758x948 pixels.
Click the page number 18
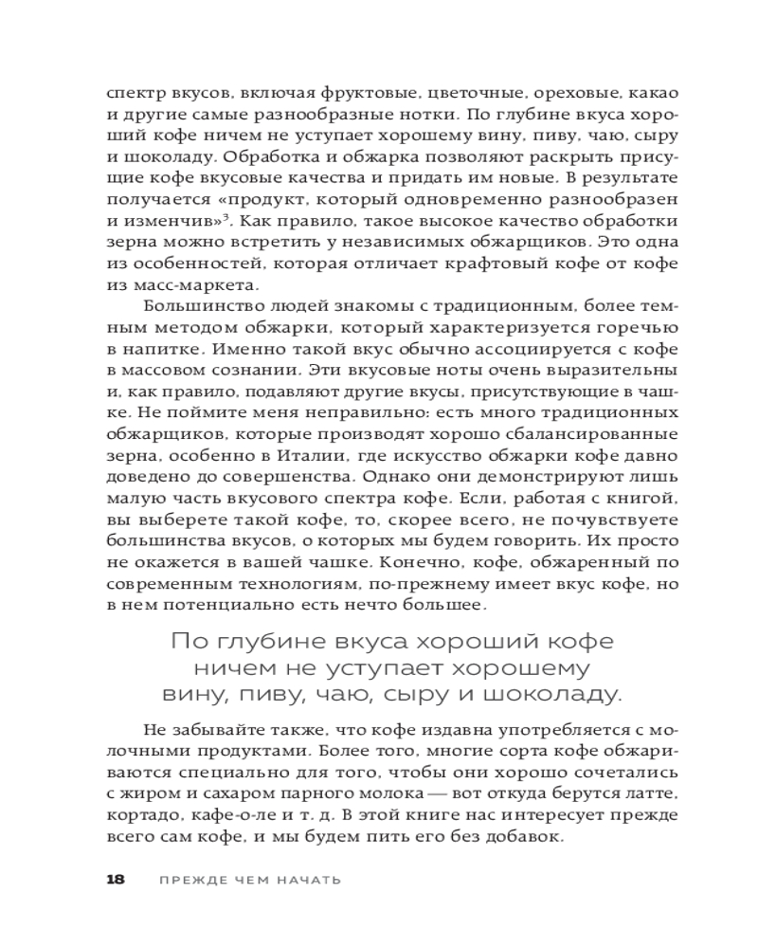(x=115, y=879)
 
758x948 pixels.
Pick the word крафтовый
(x=480, y=264)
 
